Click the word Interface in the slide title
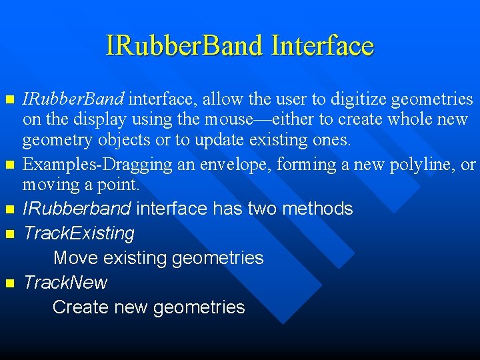tap(323, 46)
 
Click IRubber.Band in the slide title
tap(185, 46)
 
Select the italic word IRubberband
tap(77, 209)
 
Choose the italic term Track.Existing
tap(79, 233)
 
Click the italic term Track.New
tap(65, 283)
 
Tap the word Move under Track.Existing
tap(76, 258)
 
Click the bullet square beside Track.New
tap(9, 283)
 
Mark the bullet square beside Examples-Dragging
tap(9, 164)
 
